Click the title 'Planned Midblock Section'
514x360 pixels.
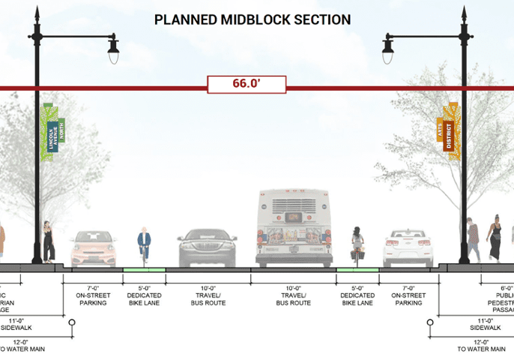pos(253,19)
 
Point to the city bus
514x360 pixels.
pos(294,228)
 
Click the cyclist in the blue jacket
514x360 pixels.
pos(144,244)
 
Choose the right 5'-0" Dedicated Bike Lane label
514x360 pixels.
pos(357,295)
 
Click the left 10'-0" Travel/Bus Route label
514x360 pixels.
pos(208,295)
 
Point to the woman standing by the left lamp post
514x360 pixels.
pos(49,241)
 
